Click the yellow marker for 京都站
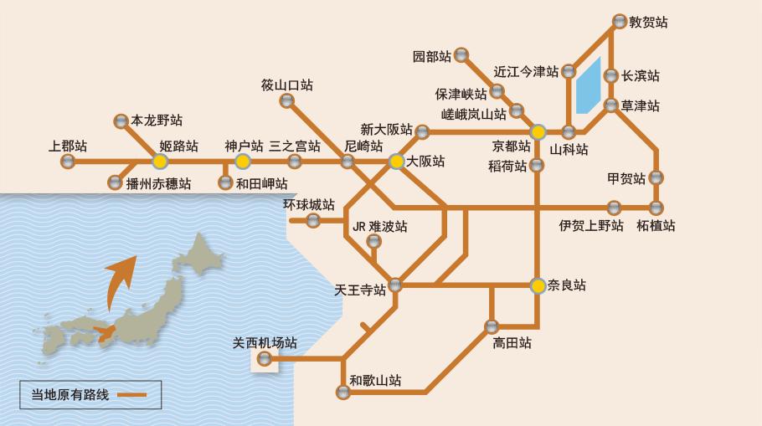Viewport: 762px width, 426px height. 538,131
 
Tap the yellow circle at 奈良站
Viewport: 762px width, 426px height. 538,285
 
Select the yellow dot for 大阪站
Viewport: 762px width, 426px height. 396,162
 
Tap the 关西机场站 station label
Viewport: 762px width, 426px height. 265,343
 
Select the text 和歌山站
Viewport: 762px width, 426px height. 375,381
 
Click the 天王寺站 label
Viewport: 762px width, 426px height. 360,290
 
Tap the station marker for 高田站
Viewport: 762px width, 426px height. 492,326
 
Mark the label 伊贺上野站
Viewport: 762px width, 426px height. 592,225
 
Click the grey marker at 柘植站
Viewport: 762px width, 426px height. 656,207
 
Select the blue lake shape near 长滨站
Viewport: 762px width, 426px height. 588,85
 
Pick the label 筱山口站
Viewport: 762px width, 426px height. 286,85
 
